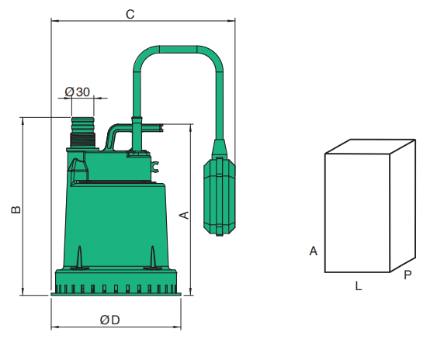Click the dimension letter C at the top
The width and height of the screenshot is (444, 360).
click(x=130, y=14)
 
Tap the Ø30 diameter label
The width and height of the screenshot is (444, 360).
click(x=77, y=92)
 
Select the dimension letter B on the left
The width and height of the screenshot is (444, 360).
click(x=16, y=209)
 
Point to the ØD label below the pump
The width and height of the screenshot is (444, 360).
click(x=110, y=320)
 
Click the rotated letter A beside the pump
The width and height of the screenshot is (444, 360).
click(x=184, y=215)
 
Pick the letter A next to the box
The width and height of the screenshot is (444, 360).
click(x=313, y=251)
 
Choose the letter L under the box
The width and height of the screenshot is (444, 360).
click(x=358, y=286)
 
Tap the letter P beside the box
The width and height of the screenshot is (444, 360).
click(x=408, y=275)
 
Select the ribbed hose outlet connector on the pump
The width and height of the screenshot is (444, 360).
click(x=82, y=133)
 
